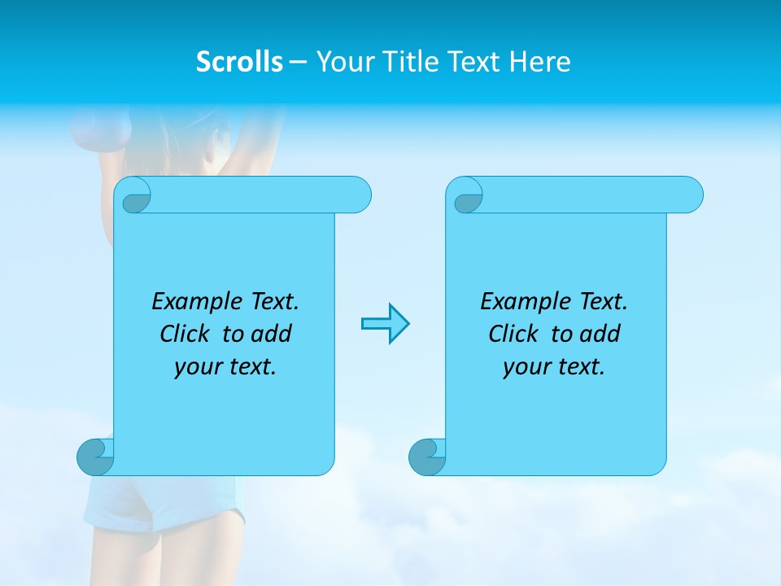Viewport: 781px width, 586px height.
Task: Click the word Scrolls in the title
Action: click(239, 62)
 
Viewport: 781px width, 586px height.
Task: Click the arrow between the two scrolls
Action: click(385, 324)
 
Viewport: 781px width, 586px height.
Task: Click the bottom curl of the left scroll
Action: click(94, 457)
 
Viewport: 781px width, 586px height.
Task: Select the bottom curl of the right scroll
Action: click(426, 457)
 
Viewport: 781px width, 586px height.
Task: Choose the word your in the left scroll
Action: click(194, 367)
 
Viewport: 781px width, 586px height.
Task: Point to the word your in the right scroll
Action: click(523, 367)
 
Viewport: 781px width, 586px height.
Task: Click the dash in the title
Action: click(299, 62)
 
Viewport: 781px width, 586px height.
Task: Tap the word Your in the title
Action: click(342, 62)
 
